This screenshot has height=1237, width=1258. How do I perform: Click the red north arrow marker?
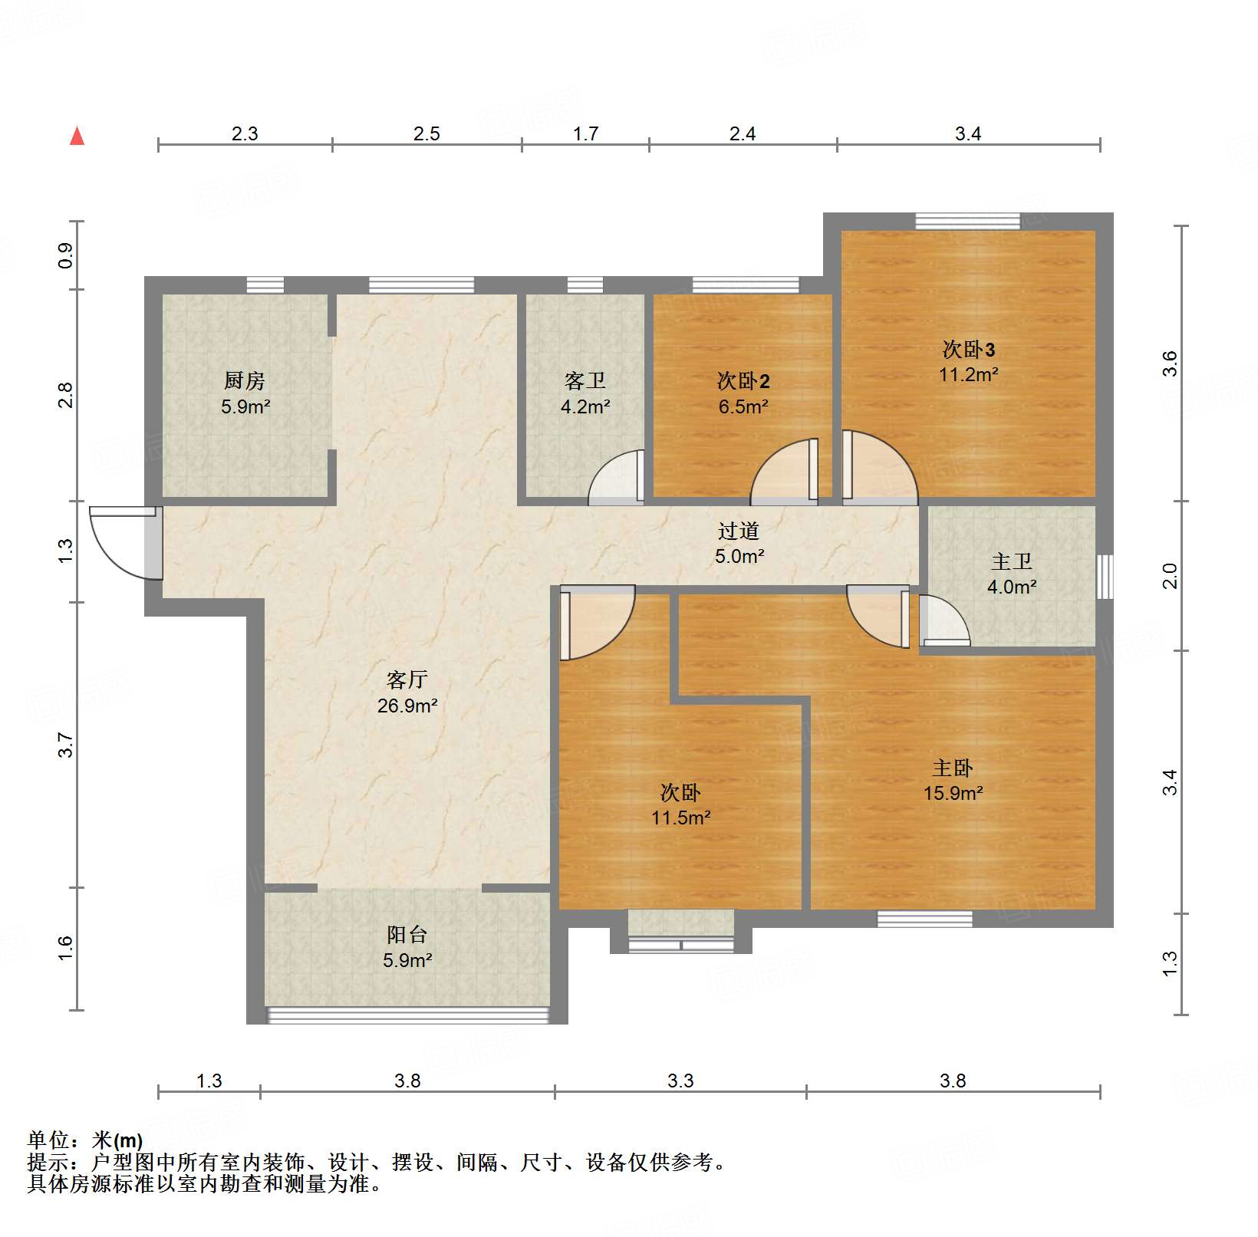click(x=77, y=136)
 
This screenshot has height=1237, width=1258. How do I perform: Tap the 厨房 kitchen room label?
click(x=245, y=380)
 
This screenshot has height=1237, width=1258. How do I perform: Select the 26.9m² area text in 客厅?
click(x=407, y=706)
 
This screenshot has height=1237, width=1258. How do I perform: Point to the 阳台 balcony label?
click(x=407, y=934)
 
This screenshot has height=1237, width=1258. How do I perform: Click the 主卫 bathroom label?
click(x=1011, y=561)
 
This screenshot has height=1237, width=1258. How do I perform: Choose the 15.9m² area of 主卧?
click(x=953, y=793)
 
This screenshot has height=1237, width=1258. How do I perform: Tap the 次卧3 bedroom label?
click(x=969, y=350)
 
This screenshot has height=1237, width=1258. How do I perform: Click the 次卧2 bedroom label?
click(x=743, y=380)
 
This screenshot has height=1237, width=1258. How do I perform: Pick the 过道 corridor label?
click(x=739, y=531)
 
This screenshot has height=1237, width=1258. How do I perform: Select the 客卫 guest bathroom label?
click(x=585, y=380)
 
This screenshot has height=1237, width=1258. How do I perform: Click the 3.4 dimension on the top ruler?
click(x=968, y=134)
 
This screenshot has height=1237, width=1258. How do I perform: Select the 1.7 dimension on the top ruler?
click(x=585, y=134)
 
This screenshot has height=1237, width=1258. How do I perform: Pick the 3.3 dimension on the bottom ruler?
click(x=680, y=1081)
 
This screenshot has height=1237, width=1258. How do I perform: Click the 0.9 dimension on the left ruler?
click(x=66, y=255)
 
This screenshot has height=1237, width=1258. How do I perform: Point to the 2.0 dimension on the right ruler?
click(x=1170, y=576)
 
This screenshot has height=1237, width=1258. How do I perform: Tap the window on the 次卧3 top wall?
click(x=968, y=221)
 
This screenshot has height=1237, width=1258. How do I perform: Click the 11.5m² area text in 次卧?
click(x=681, y=818)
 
